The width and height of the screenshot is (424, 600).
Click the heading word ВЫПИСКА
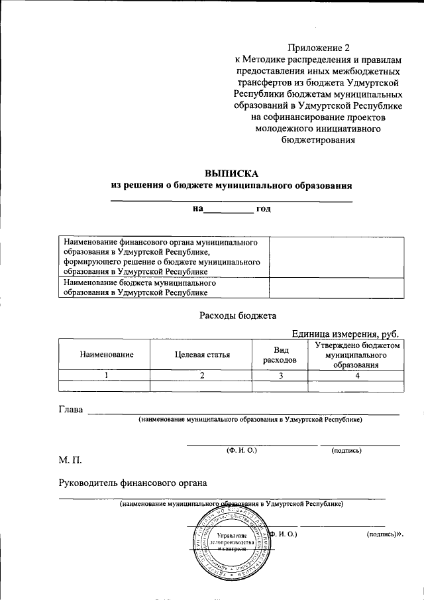pyautogui.click(x=231, y=173)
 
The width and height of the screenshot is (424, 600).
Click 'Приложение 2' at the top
pyautogui.click(x=317, y=47)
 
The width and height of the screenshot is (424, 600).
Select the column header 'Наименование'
pyautogui.click(x=105, y=355)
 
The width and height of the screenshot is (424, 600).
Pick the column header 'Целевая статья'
pyautogui.click(x=202, y=355)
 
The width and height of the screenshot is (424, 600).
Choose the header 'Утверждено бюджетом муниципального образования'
pyautogui.click(x=357, y=355)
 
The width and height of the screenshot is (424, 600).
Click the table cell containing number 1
pyautogui.click(x=105, y=376)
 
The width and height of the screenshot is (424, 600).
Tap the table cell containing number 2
pyautogui.click(x=202, y=376)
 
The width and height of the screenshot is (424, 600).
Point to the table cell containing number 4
pyautogui.click(x=357, y=376)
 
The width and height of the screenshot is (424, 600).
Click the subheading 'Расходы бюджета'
pyautogui.click(x=237, y=316)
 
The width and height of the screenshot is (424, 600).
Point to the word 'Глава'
pyautogui.click(x=71, y=410)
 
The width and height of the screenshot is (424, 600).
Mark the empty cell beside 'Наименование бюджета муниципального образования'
pyautogui.click(x=337, y=287)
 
